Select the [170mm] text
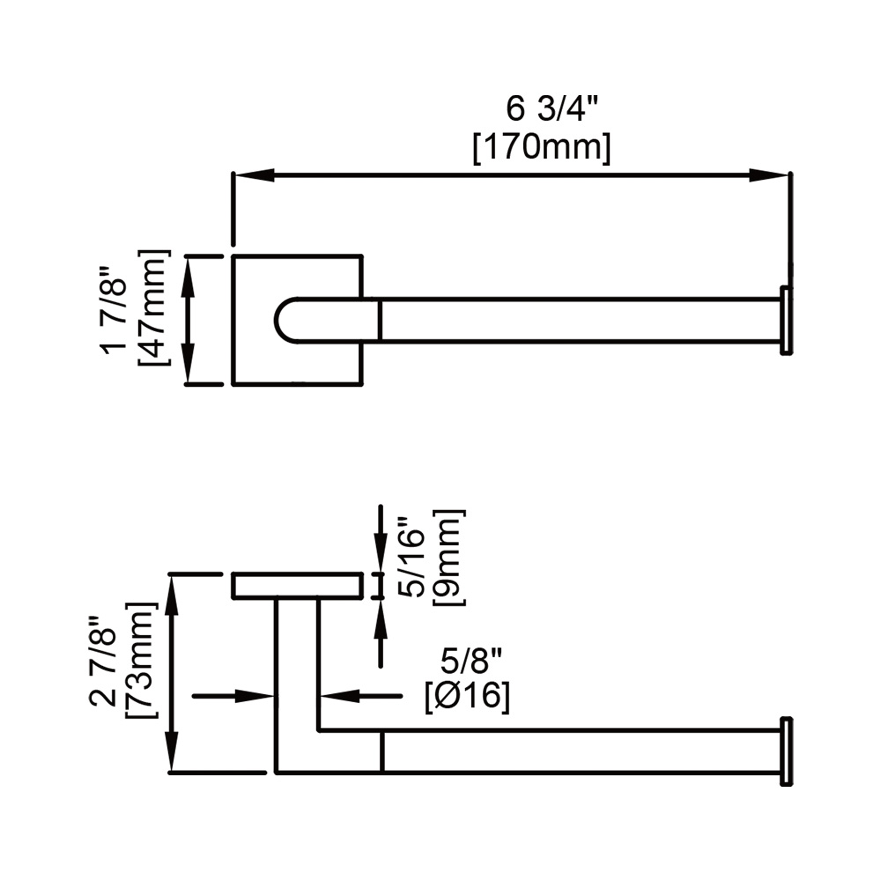coord(541,148)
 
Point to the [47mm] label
coord(153,307)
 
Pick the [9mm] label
coord(449,558)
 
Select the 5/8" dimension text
coord(470,661)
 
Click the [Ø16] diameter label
coord(468,697)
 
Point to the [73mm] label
coord(140,661)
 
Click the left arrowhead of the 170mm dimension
coord(254,175)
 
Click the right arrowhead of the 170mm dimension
coord(769,175)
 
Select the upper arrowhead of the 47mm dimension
coord(188,276)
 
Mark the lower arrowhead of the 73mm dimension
coord(173,751)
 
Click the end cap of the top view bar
coord(786,321)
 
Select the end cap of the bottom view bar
coord(786,751)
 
